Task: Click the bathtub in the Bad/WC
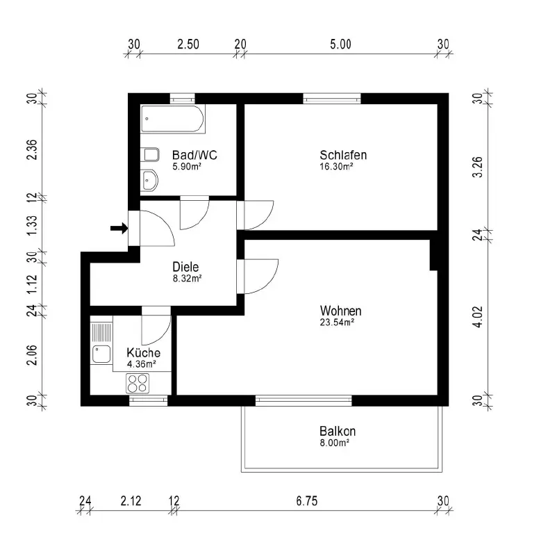[x=173, y=119]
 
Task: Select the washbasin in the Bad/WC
[x=149, y=180]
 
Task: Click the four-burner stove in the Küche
[x=138, y=384]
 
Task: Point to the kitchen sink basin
[x=101, y=354]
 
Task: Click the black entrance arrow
[x=119, y=228]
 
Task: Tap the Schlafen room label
[x=343, y=155]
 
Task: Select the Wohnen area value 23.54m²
[x=337, y=322]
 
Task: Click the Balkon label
[x=338, y=431]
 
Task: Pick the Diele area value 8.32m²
[x=187, y=279]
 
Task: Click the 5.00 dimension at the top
[x=340, y=44]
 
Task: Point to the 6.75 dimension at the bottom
[x=307, y=501]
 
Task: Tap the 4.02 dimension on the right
[x=478, y=317]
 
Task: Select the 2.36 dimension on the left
[x=32, y=149]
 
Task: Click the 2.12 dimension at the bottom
[x=131, y=501]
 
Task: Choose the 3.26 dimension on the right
[x=478, y=167]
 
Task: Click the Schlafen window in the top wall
[x=332, y=99]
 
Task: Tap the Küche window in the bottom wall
[x=148, y=400]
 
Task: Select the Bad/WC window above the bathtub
[x=182, y=99]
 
